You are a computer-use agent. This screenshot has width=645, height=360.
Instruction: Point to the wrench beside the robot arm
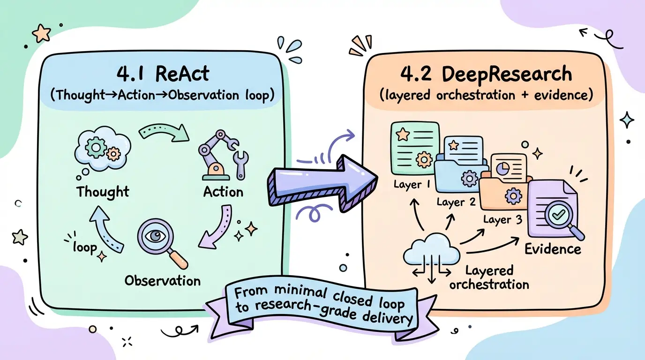tap(242, 164)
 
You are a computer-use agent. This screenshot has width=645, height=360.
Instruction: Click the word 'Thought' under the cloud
tap(103, 192)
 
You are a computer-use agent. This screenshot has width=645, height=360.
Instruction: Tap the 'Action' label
tap(223, 192)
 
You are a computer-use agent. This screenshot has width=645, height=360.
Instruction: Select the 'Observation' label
tap(162, 281)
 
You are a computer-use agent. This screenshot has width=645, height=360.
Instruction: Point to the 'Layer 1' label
tap(412, 185)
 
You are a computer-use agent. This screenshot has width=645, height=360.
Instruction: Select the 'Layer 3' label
tap(502, 219)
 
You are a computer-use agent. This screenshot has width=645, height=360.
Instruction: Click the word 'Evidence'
tap(553, 248)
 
